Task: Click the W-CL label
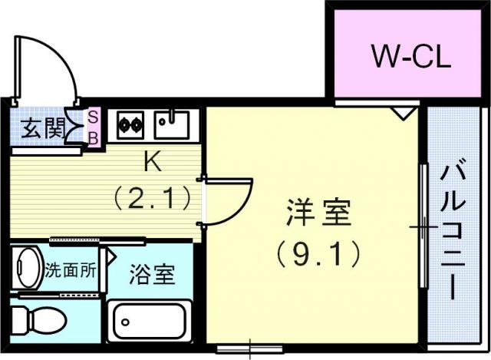tap(411, 56)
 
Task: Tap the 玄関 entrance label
tap(43, 128)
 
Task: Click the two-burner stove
tap(130, 125)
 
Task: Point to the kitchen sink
tap(172, 124)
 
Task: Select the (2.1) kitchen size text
tap(153, 198)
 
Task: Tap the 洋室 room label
tap(318, 212)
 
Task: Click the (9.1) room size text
tap(318, 254)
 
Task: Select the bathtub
tap(150, 321)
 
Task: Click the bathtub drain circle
tap(126, 322)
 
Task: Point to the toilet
tap(38, 320)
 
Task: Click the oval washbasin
tap(28, 267)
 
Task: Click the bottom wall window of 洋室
tap(250, 348)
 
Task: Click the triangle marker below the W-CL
tap(404, 113)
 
